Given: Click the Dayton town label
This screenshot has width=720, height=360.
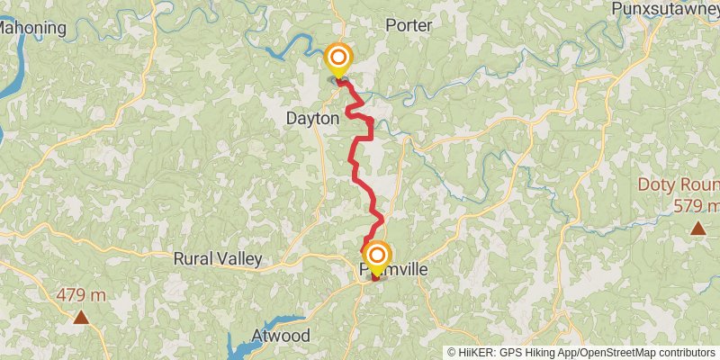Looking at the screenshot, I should (312, 118).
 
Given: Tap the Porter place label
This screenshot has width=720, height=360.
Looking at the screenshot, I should (409, 25).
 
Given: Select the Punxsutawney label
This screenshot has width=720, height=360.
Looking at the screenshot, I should (667, 9).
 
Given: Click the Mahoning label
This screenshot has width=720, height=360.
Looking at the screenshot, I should (32, 27).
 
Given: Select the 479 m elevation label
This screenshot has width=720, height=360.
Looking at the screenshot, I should (81, 295).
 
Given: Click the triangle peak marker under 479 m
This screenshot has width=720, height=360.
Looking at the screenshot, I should (81, 317).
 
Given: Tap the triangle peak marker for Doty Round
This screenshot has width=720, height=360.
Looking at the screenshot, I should (697, 228).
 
